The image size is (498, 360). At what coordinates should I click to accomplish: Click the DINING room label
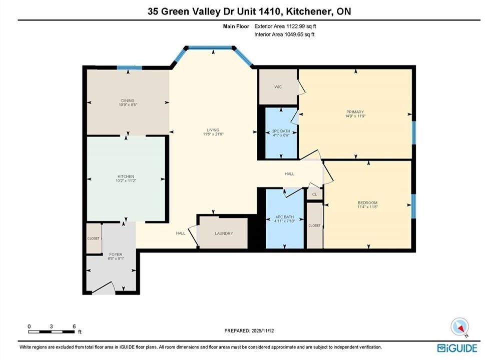pyautogui.click(x=128, y=100)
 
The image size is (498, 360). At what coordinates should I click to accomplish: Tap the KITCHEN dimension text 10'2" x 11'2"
pyautogui.click(x=126, y=181)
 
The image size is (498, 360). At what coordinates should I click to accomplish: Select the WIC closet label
pyautogui.click(x=278, y=86)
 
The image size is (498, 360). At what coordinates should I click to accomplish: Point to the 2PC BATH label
pyautogui.click(x=281, y=131)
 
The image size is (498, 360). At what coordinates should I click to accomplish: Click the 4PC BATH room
pyautogui.click(x=285, y=219)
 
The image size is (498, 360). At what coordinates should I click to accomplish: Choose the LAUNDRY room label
pyautogui.click(x=224, y=233)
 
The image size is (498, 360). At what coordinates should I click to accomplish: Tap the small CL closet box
pyautogui.click(x=314, y=194)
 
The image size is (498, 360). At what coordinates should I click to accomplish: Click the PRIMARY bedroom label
pyautogui.click(x=355, y=112)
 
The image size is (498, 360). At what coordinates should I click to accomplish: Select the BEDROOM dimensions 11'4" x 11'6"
pyautogui.click(x=367, y=207)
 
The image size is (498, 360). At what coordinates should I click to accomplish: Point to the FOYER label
pyautogui.click(x=116, y=254)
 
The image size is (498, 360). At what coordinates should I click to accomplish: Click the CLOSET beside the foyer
pyautogui.click(x=94, y=238)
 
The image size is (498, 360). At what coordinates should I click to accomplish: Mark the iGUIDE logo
pyautogui.click(x=457, y=348)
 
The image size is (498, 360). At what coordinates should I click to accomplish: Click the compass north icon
pyautogui.click(x=459, y=326)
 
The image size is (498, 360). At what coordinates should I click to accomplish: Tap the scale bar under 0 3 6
pyautogui.click(x=51, y=332)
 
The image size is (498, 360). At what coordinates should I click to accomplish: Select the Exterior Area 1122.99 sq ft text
pyautogui.click(x=285, y=26)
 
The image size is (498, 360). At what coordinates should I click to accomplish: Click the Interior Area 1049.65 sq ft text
pyautogui.click(x=284, y=34)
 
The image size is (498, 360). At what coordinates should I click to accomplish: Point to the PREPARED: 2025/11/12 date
pyautogui.click(x=249, y=330)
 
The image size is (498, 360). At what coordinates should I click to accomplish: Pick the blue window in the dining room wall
pyautogui.click(x=129, y=67)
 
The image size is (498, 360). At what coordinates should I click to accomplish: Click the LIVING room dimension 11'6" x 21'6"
pyautogui.click(x=213, y=134)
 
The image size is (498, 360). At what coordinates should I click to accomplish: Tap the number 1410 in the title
pyautogui.click(x=269, y=11)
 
